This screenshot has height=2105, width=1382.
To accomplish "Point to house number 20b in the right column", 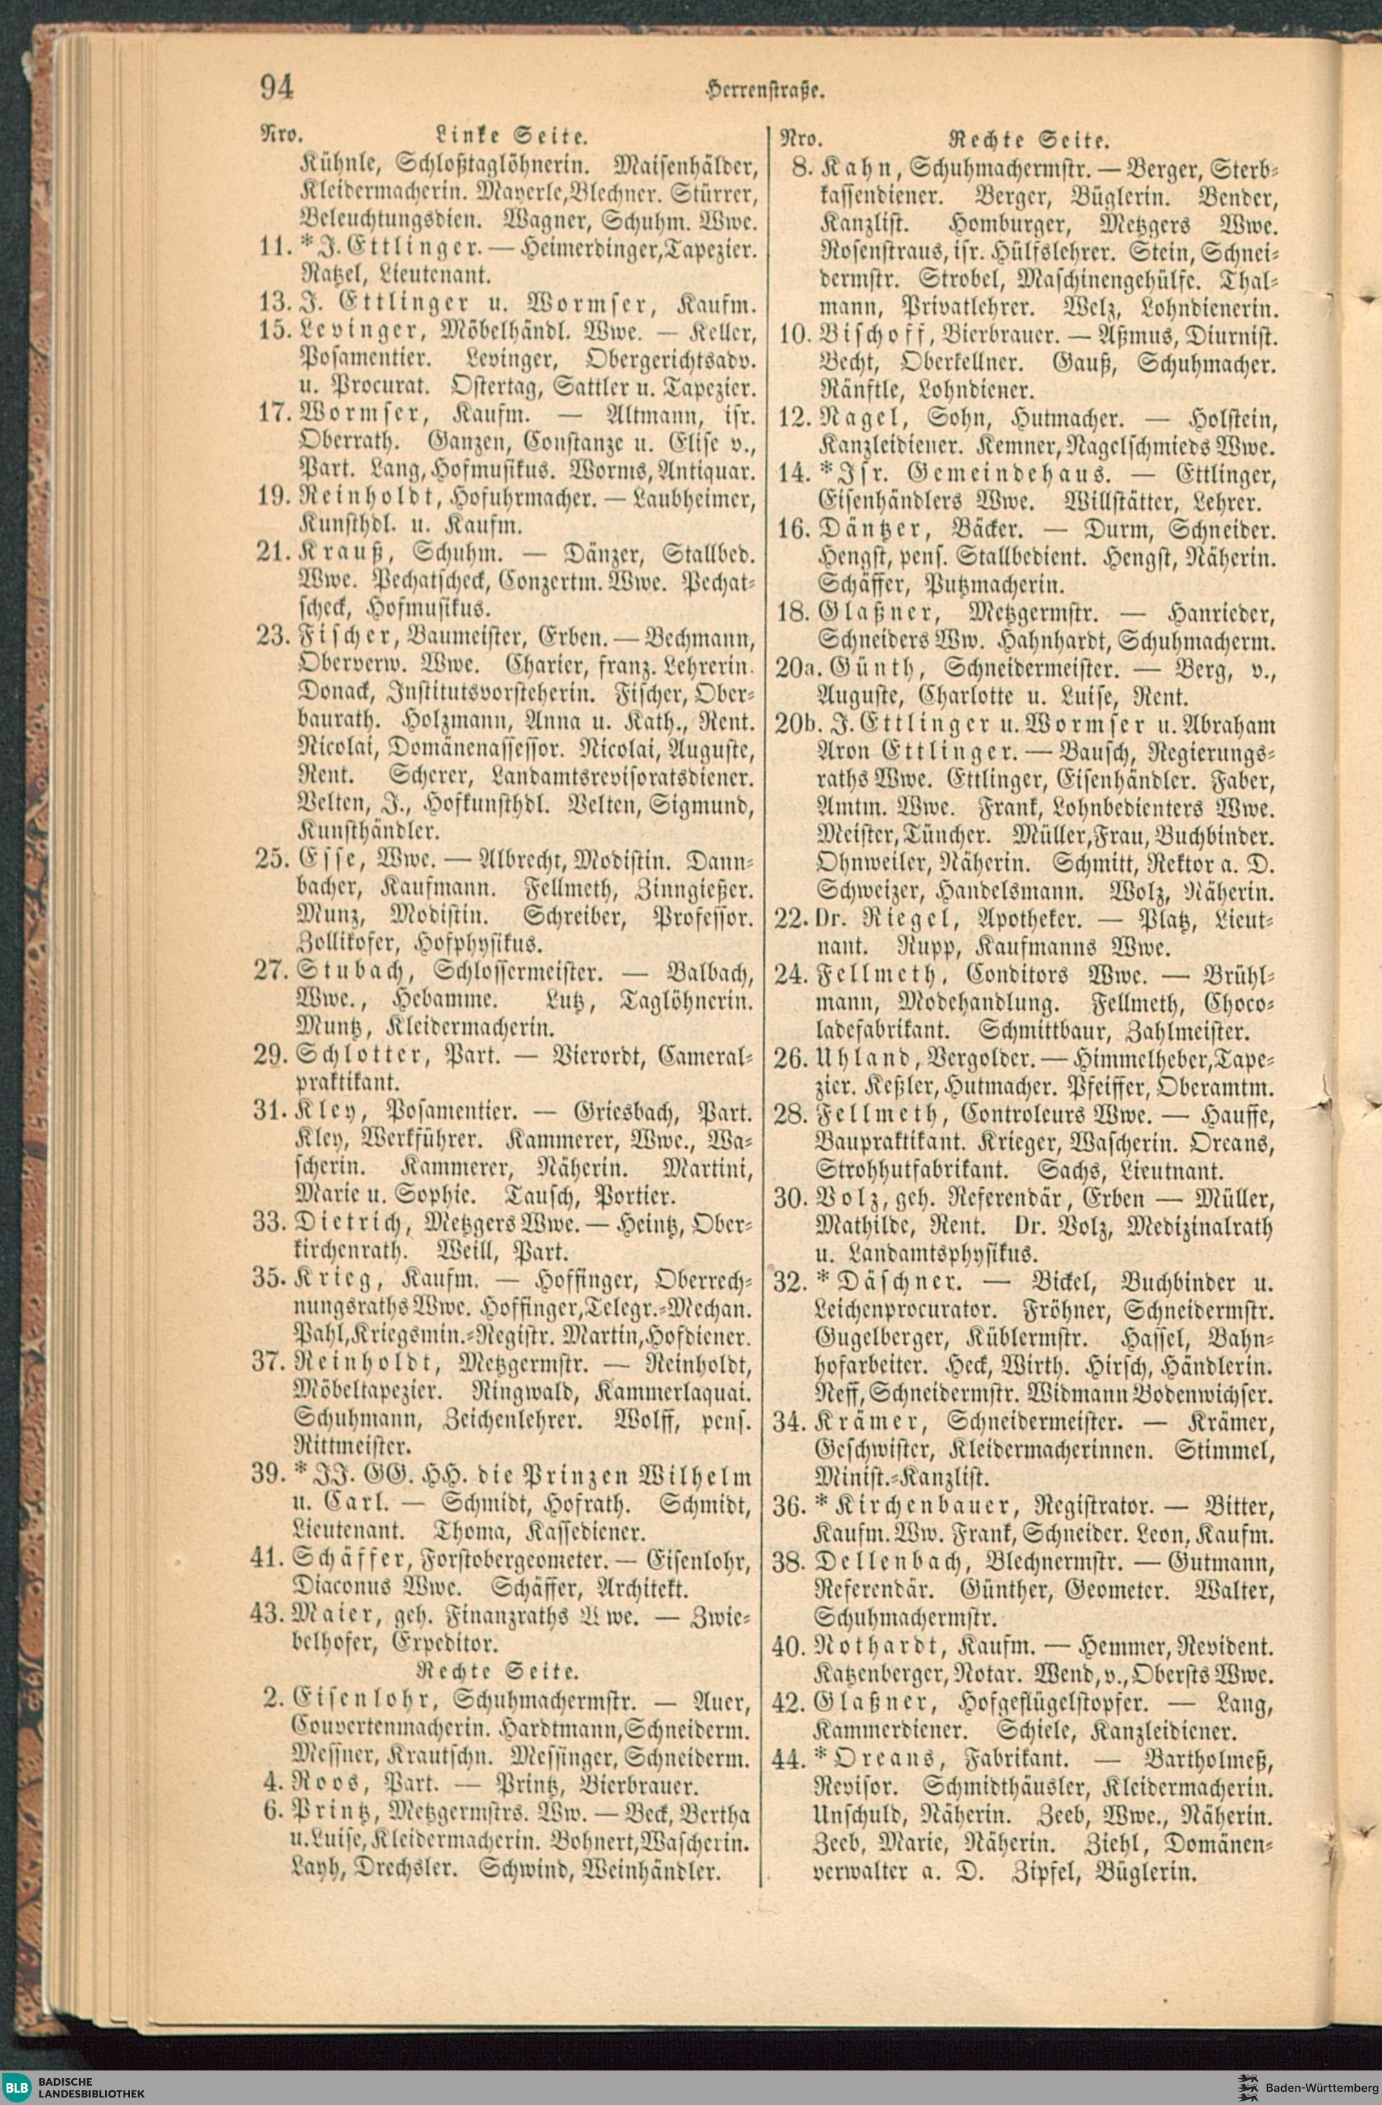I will pyautogui.click(x=793, y=725).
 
